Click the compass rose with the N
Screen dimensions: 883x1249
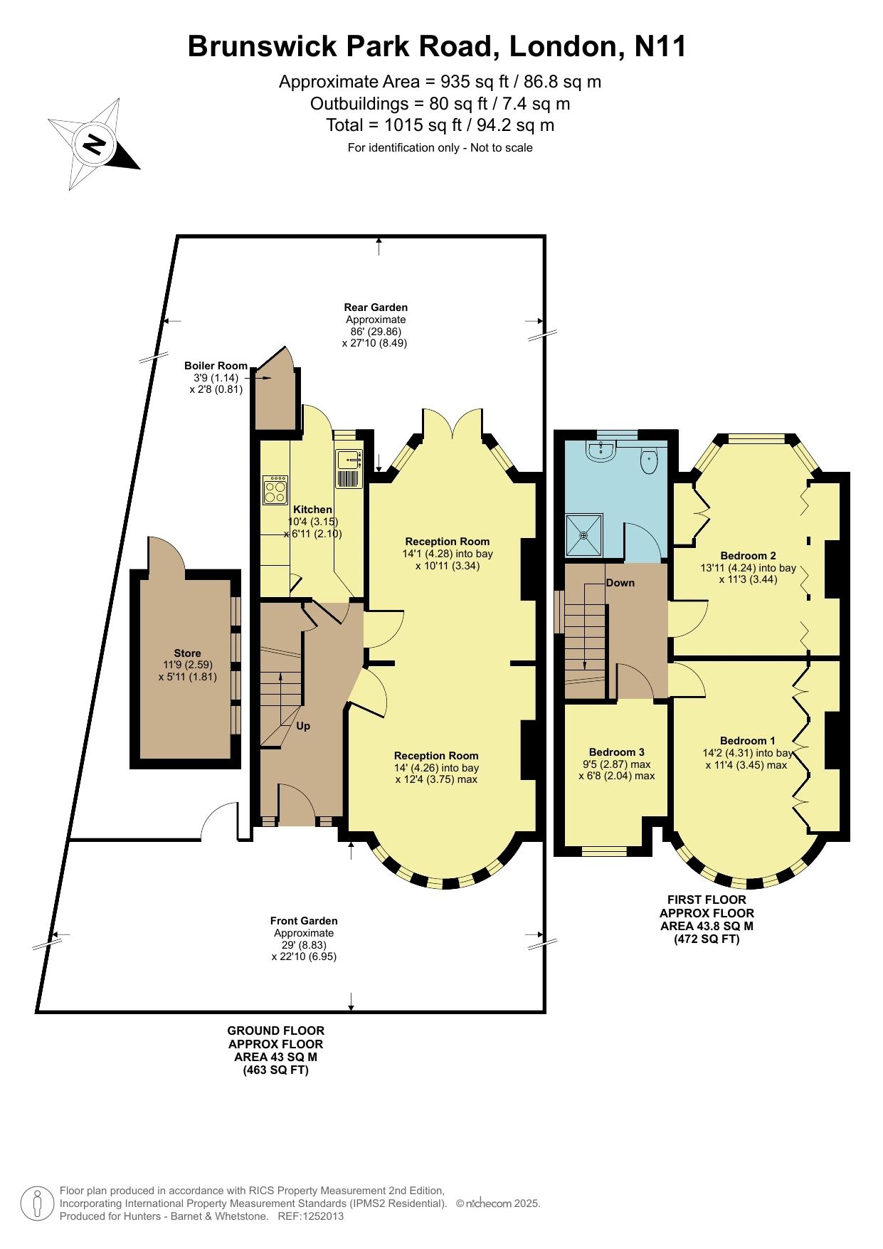pos(94,144)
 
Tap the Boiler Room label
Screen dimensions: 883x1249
pos(216,366)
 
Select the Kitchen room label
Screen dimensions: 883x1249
pos(313,510)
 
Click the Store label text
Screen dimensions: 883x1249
pos(188,653)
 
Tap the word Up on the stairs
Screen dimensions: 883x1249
pos(303,727)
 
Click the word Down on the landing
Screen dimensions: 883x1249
pos(620,583)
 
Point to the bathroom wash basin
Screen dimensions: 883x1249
pos(602,450)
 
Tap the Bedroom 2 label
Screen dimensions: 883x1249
pos(748,556)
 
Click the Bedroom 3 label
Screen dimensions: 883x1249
pos(617,752)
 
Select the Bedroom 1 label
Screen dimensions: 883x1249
pos(748,740)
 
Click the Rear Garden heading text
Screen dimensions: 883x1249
pos(376,307)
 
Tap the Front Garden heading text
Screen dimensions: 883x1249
pos(304,921)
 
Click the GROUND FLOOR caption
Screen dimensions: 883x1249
pos(276,1031)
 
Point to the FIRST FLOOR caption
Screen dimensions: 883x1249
pos(707,900)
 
